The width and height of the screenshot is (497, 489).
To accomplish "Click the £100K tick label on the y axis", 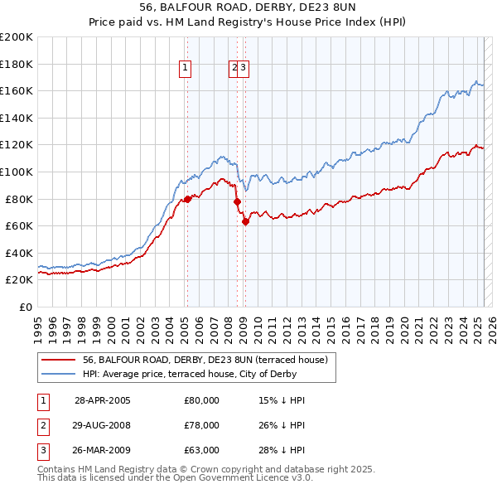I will (x=17, y=172).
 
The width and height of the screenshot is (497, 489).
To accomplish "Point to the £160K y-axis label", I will (x=17, y=90).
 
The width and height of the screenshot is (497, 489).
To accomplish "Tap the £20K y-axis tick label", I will (x=19, y=280).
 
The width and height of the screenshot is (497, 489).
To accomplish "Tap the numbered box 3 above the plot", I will (x=244, y=69).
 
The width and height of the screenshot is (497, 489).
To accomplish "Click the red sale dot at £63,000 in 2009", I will (x=245, y=221).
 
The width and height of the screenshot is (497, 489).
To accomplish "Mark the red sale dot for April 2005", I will (x=187, y=199).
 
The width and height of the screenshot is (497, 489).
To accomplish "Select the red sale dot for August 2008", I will (x=237, y=201).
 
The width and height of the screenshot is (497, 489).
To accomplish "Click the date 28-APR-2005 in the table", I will (x=102, y=400).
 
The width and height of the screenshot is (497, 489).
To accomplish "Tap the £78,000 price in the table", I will (x=201, y=426).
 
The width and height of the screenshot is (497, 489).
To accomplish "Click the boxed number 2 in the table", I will (x=41, y=426).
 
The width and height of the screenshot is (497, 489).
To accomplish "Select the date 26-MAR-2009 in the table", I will (x=102, y=452).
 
